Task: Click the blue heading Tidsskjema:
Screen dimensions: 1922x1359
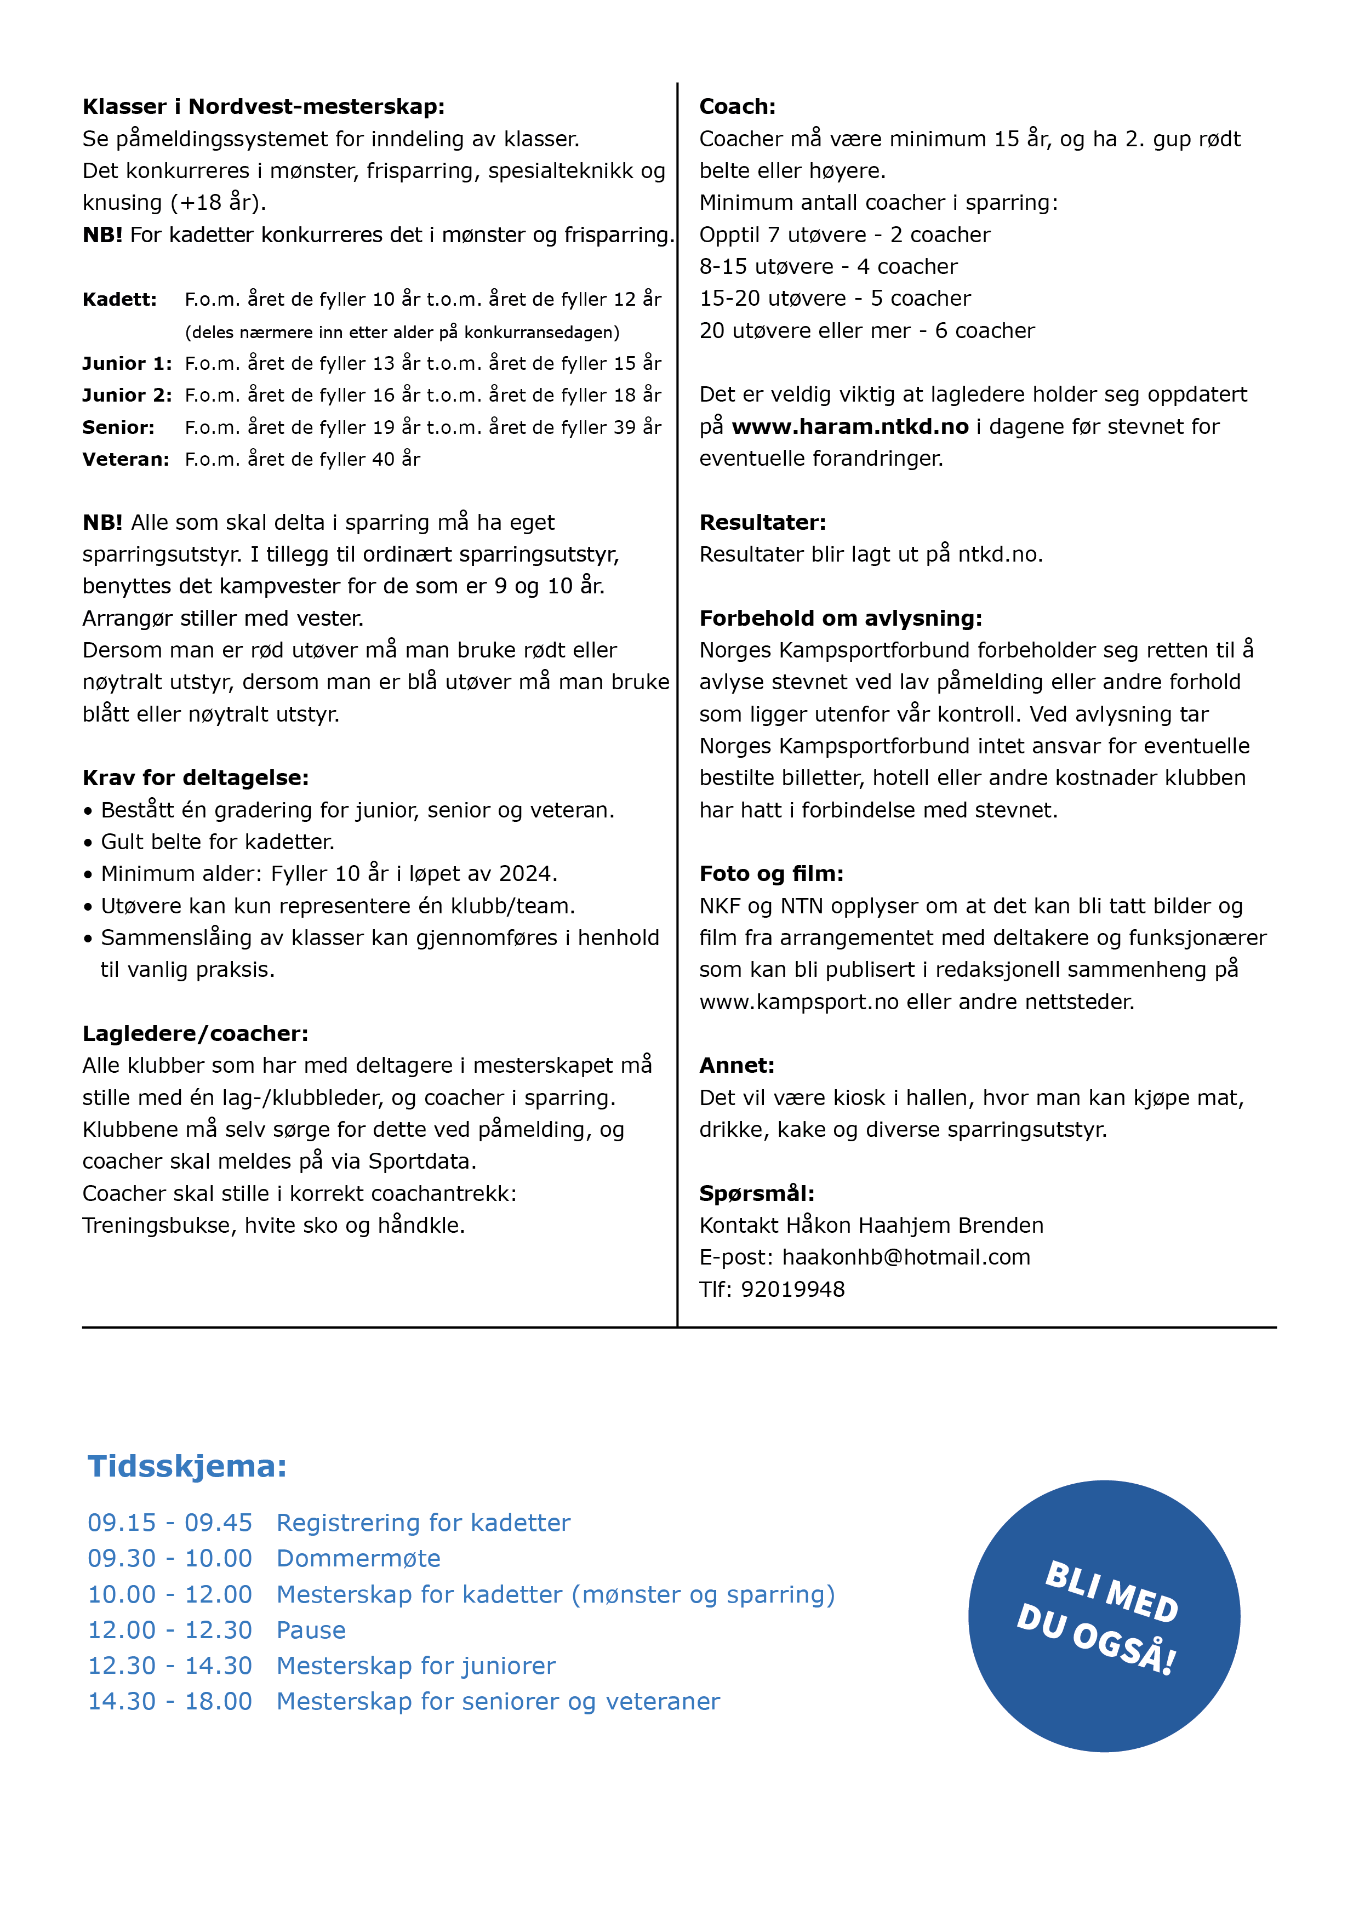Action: point(187,1467)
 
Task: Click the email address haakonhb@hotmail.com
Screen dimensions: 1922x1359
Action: point(906,1257)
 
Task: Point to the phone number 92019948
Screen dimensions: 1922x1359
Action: point(793,1289)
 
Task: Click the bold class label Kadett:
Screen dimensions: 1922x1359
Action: point(120,300)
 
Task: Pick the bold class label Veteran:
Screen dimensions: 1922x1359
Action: point(125,460)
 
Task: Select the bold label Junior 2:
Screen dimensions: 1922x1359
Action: point(127,395)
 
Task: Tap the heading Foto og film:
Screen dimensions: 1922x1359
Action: point(771,874)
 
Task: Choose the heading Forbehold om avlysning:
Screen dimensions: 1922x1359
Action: point(840,619)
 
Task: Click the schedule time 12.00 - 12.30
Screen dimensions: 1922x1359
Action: point(170,1631)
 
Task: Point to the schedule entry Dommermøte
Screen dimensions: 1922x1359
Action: point(358,1559)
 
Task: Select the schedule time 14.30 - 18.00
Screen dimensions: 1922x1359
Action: point(170,1702)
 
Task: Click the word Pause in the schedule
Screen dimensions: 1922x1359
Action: point(311,1631)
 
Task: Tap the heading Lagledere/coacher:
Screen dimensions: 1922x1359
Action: point(195,1034)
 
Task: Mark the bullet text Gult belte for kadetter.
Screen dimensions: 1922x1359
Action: point(217,842)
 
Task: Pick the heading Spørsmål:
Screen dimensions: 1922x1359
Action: point(757,1194)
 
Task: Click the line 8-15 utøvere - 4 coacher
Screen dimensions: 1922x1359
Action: point(828,267)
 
